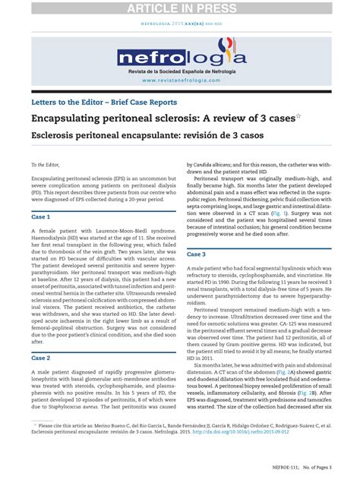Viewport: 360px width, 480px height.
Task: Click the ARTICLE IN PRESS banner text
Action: tap(179, 8)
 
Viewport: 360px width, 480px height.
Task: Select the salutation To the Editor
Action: tap(45, 164)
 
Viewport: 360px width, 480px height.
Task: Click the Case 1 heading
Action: tap(40, 216)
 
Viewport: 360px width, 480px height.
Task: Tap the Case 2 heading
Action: tap(40, 357)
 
